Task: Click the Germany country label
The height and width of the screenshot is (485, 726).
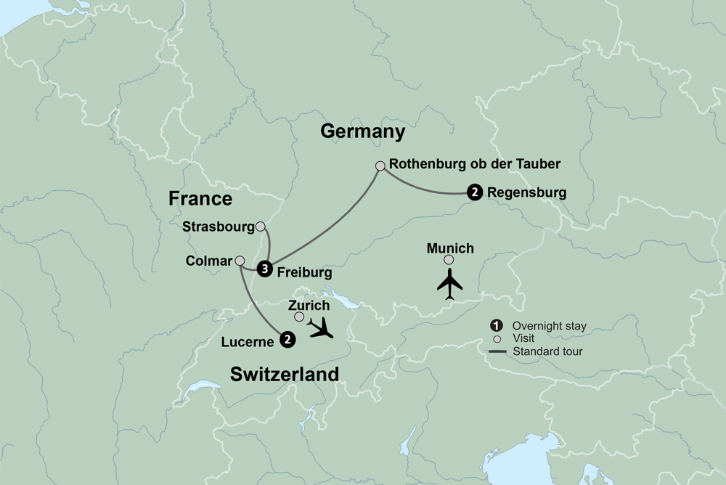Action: click(x=362, y=132)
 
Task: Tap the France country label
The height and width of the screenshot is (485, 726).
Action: click(x=200, y=199)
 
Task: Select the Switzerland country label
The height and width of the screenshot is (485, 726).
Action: click(x=285, y=375)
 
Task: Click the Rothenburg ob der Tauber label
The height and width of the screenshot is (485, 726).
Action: click(x=475, y=164)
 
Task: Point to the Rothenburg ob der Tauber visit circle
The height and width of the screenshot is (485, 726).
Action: click(x=380, y=166)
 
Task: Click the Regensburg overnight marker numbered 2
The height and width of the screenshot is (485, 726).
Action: click(x=474, y=193)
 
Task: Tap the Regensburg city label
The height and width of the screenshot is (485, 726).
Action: click(x=526, y=193)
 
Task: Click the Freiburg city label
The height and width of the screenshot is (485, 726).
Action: click(x=305, y=273)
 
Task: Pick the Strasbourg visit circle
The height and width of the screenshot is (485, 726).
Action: click(x=261, y=227)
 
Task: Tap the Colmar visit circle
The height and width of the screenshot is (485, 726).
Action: click(x=240, y=260)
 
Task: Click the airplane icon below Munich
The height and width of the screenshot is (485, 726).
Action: click(x=449, y=283)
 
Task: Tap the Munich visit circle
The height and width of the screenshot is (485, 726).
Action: click(x=449, y=260)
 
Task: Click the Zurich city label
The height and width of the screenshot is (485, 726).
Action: click(x=309, y=306)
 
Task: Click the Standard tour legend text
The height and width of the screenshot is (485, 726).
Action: click(x=548, y=352)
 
